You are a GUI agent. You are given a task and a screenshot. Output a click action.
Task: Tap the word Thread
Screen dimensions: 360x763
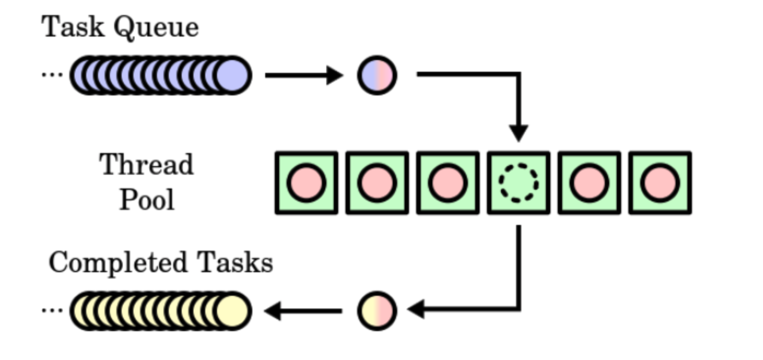point(146,164)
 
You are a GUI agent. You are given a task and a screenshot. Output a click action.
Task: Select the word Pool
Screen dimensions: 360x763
point(146,200)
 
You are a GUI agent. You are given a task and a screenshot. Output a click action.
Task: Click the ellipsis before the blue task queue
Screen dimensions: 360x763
point(52,74)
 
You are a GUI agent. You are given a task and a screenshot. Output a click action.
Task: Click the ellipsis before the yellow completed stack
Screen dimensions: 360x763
point(52,310)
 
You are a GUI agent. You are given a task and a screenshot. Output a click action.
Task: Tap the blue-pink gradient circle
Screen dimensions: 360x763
point(377,75)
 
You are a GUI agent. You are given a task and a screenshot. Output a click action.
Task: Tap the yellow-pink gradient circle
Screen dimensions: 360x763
point(377,310)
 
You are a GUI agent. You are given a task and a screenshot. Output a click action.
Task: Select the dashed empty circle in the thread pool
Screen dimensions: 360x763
point(518,183)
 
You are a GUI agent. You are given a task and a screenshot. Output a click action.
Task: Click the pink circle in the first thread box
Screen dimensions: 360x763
point(306,183)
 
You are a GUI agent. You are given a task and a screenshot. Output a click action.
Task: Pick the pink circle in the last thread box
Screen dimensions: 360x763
point(660,183)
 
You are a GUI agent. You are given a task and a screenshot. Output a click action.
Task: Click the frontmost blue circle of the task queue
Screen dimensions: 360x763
point(233,75)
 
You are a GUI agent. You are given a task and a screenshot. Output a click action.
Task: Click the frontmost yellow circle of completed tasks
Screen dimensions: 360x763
point(233,311)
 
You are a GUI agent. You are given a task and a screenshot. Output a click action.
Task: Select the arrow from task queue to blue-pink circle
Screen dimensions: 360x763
point(303,75)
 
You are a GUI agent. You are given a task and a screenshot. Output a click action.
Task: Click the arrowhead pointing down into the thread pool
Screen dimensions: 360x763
point(518,133)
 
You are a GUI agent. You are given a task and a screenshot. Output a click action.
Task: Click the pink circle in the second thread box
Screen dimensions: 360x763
point(377,183)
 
